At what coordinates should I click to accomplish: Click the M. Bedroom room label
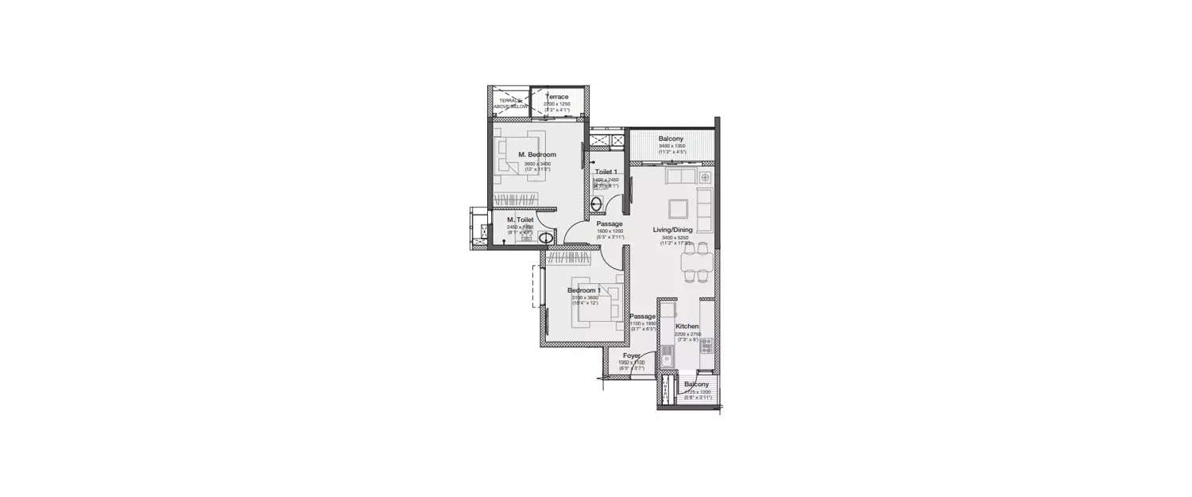[537, 154]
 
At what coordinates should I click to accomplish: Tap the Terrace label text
[556, 96]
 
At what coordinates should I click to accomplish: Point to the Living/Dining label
[672, 230]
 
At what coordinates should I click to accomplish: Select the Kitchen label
[687, 327]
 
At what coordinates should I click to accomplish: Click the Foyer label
[632, 355]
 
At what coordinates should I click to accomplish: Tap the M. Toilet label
[520, 219]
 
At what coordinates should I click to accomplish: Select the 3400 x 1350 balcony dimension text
[671, 146]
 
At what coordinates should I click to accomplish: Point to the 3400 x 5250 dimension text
[672, 238]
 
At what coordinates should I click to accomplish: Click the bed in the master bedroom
[516, 153]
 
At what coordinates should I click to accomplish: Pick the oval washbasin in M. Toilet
[546, 238]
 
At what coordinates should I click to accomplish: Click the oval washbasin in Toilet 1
[597, 203]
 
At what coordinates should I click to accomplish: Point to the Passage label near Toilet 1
[610, 223]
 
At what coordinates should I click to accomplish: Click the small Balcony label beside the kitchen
[696, 384]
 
